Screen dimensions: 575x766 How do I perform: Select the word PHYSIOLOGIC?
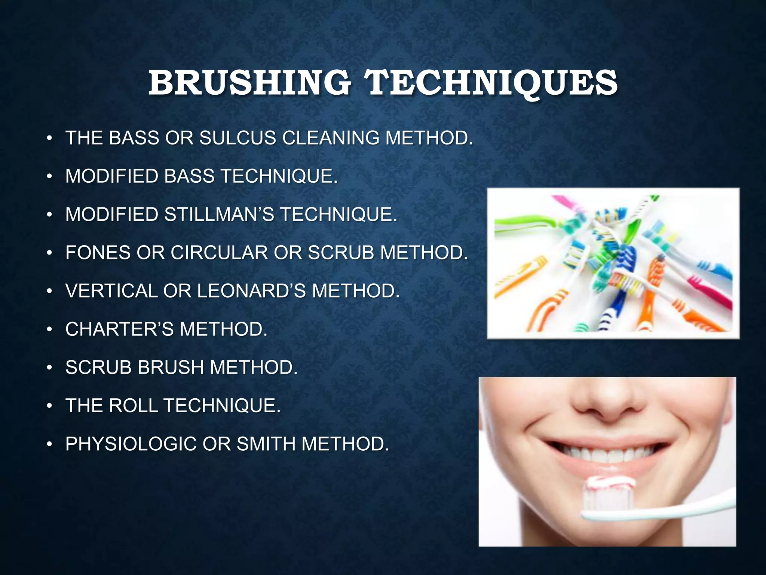pyautogui.click(x=131, y=444)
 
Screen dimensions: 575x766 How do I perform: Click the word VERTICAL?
pyautogui.click(x=111, y=291)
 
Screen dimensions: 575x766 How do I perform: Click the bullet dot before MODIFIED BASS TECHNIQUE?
pyautogui.click(x=49, y=177)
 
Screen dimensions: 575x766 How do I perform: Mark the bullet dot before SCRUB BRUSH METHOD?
pyautogui.click(x=49, y=368)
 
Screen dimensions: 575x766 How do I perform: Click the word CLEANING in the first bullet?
pyautogui.click(x=331, y=138)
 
